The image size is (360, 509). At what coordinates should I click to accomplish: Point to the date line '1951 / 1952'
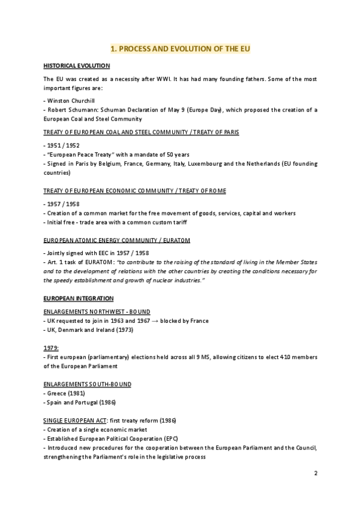(x=61, y=146)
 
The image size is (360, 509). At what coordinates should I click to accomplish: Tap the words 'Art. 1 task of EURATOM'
(x=80, y=263)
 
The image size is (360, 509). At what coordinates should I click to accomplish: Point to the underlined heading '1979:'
(x=51, y=348)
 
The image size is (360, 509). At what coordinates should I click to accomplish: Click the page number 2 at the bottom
(x=316, y=474)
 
